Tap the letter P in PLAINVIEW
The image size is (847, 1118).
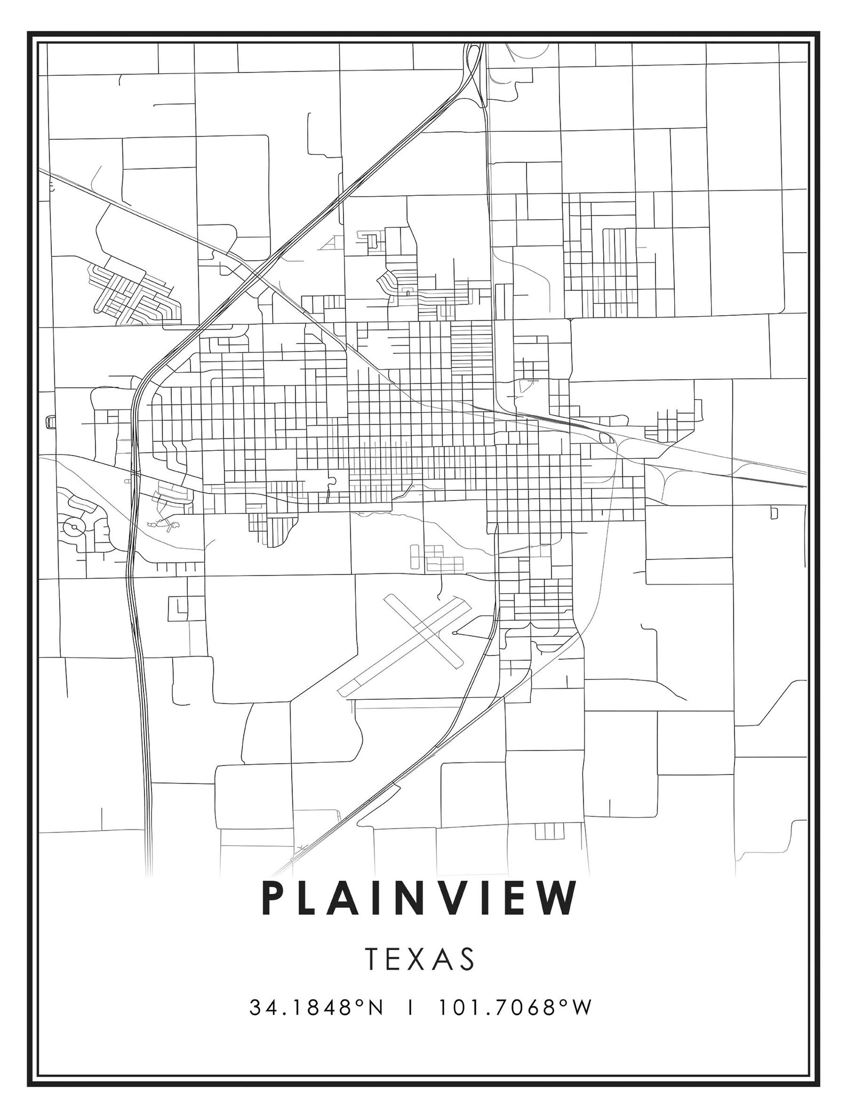click(273, 899)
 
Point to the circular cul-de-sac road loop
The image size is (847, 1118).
click(73, 528)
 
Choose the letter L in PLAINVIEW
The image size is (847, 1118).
click(309, 899)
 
